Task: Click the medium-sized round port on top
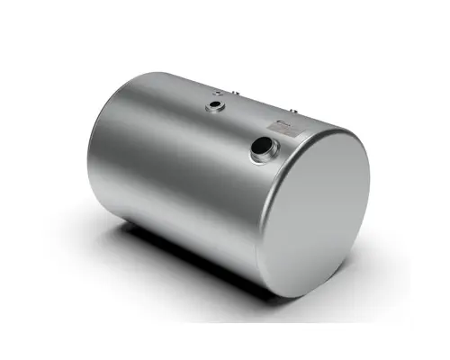click(x=215, y=108)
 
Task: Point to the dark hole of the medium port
click(x=216, y=107)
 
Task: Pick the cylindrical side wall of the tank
click(x=171, y=171)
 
